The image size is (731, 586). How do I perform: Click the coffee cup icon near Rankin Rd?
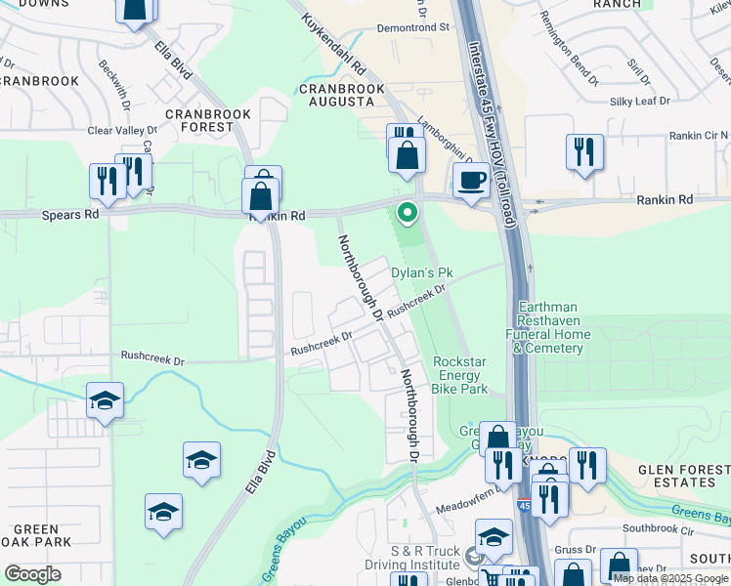coord(471,181)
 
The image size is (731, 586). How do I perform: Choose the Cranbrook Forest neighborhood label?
coord(208,120)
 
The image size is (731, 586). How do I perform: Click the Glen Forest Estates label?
coord(677,475)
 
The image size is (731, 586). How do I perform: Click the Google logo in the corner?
coord(32,574)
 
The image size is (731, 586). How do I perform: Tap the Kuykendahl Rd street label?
coord(332,45)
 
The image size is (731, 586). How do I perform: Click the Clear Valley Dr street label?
coord(122,130)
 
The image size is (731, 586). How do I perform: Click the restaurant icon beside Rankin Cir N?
coord(583,152)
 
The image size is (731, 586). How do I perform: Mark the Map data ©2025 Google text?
coord(670,577)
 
